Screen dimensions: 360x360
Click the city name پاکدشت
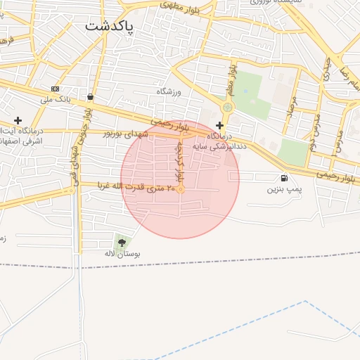pyautogui.click(x=110, y=26)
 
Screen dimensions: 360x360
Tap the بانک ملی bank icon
pyautogui.click(x=56, y=89)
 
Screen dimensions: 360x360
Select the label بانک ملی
pyautogui.click(x=56, y=100)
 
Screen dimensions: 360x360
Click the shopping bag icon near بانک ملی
pyautogui.click(x=90, y=96)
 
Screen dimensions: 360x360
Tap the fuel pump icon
pyautogui.click(x=283, y=178)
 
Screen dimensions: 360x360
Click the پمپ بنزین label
pyautogui.click(x=283, y=189)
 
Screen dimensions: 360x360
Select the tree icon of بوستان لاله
pyautogui.click(x=122, y=243)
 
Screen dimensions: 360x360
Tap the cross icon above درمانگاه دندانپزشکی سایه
pyautogui.click(x=219, y=124)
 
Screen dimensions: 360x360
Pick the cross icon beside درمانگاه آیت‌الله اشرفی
pyautogui.click(x=18, y=120)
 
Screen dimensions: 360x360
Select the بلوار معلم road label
pyautogui.click(x=230, y=81)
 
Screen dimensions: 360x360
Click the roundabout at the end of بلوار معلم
pyautogui.click(x=226, y=108)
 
